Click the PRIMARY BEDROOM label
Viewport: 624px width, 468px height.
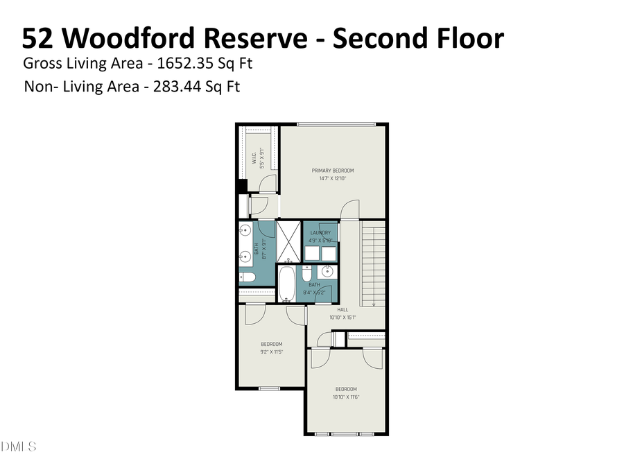[333, 171]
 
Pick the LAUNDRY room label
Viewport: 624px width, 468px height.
[320, 233]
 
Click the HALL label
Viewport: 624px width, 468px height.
[343, 310]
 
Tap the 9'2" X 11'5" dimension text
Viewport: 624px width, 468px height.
[271, 352]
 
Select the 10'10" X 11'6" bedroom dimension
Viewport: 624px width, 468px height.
[346, 397]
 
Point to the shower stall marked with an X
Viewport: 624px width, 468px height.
[289, 241]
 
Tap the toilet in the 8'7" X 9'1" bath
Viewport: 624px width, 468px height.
[247, 278]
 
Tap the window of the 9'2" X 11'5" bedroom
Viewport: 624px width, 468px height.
[269, 388]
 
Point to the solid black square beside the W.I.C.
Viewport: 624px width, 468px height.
[242, 186]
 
